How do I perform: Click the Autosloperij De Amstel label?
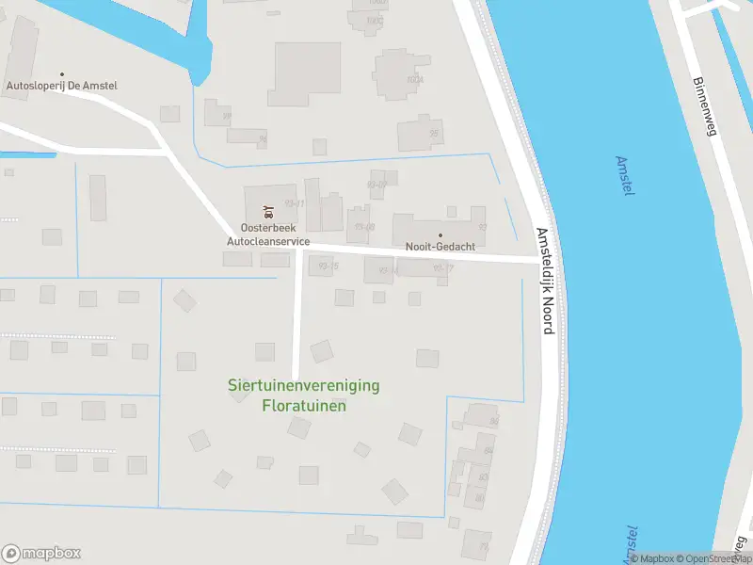coord(62,86)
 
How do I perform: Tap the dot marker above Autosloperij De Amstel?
coord(63,73)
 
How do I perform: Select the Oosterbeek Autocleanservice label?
coord(268,234)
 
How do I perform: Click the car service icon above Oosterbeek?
coord(268,211)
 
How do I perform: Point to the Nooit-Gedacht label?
coord(440,247)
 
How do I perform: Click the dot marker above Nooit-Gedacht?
coord(440,234)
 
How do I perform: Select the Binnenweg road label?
coord(704,106)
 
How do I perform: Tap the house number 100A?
coord(414,80)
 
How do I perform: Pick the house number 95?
coord(434,133)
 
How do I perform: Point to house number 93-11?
coord(294,203)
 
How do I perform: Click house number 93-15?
coord(328,267)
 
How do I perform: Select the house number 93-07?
coord(376,185)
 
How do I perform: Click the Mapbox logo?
coord(40,553)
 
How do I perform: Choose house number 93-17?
coord(443,268)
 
